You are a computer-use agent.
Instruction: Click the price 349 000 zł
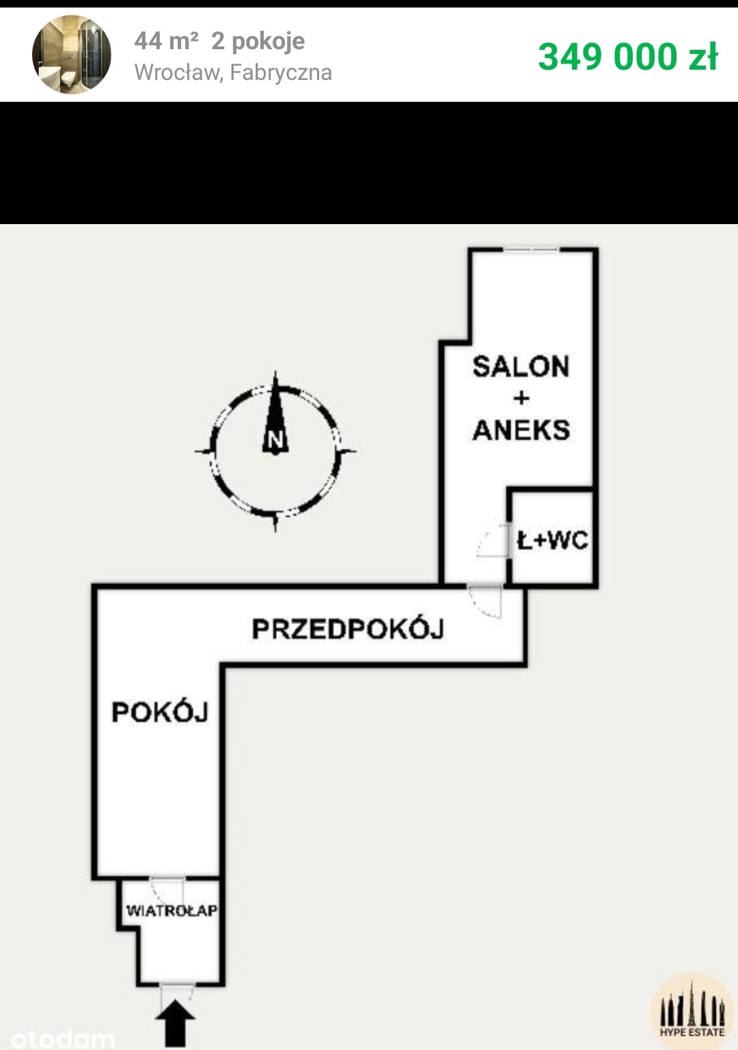click(x=627, y=56)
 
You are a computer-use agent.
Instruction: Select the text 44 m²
click(x=166, y=42)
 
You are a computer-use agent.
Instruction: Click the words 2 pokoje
click(x=258, y=42)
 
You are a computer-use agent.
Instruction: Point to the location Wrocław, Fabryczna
click(x=233, y=72)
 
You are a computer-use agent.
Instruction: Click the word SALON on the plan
click(x=521, y=367)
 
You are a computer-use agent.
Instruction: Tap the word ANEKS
click(x=521, y=430)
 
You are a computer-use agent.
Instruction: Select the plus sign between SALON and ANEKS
click(x=521, y=398)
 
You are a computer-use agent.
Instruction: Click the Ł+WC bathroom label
click(x=552, y=541)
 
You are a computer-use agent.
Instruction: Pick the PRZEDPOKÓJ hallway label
click(x=348, y=629)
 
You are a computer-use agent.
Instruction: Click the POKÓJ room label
click(x=160, y=713)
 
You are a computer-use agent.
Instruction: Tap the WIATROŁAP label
click(x=172, y=911)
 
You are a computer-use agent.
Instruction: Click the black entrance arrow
click(x=176, y=1023)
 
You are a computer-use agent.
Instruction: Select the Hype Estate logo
click(x=692, y=1011)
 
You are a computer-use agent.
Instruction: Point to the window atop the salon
click(x=531, y=250)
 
